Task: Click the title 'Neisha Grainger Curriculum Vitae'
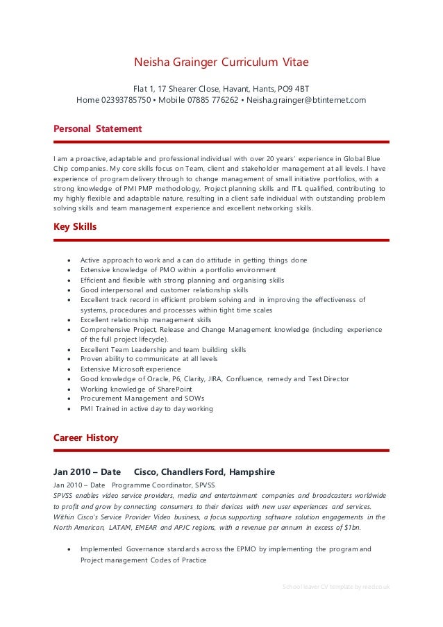click(221, 62)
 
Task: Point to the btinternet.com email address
click(306, 100)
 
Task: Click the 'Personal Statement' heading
click(98, 128)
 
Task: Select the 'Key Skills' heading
click(75, 226)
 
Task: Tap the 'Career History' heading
click(86, 437)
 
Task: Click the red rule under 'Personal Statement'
click(221, 142)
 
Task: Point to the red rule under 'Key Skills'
click(221, 240)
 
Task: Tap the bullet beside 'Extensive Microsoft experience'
click(68, 369)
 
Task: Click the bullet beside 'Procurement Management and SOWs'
click(68, 399)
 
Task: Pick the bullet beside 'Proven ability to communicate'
click(68, 360)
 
